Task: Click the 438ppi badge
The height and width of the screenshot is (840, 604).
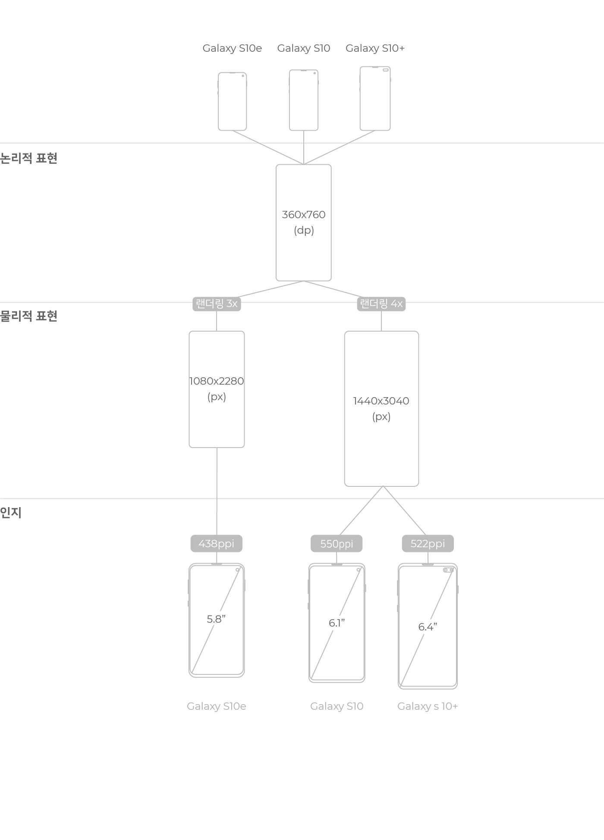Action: [216, 544]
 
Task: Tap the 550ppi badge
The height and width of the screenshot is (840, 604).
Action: [337, 544]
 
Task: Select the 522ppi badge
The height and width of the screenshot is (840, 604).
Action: [428, 544]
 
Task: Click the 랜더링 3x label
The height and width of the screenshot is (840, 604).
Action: [217, 304]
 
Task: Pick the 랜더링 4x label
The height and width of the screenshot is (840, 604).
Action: [381, 304]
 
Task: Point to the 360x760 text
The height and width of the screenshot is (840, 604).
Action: [304, 215]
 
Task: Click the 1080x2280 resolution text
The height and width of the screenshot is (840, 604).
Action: [217, 381]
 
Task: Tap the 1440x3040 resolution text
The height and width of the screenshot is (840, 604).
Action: [381, 401]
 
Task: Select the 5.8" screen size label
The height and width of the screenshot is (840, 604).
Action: [216, 619]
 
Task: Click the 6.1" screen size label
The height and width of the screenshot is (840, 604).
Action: [337, 623]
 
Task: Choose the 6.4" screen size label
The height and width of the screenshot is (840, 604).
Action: [428, 627]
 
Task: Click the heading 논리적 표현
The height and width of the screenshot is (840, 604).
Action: [29, 158]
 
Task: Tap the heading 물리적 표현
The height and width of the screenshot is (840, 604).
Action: [29, 316]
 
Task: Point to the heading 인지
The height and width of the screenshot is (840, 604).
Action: [11, 513]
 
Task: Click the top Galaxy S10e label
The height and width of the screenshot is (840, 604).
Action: [232, 48]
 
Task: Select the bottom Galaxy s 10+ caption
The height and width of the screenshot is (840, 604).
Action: [428, 706]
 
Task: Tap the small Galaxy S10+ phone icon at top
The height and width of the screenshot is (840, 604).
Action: [375, 98]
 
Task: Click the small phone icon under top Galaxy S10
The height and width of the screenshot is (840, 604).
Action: [304, 100]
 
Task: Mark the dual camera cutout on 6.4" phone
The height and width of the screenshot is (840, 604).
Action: [448, 570]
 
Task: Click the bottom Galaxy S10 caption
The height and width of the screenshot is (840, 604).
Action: [337, 706]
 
